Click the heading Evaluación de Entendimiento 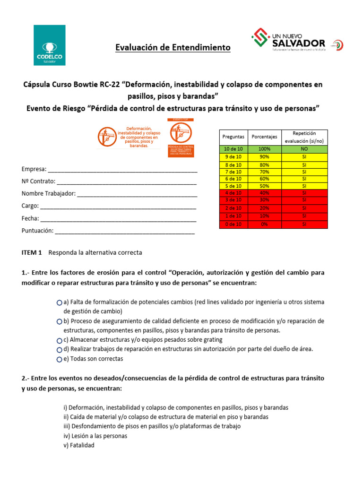173,48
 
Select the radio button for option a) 59,302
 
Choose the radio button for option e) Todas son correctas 59,359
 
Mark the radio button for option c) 59,340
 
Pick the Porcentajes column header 264,137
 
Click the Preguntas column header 233,137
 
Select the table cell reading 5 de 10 233,186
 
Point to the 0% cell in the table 264,225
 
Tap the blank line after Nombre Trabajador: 137,194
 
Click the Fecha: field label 30,219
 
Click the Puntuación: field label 37,231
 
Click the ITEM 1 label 32,253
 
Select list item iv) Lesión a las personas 95,436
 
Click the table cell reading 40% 264,193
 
